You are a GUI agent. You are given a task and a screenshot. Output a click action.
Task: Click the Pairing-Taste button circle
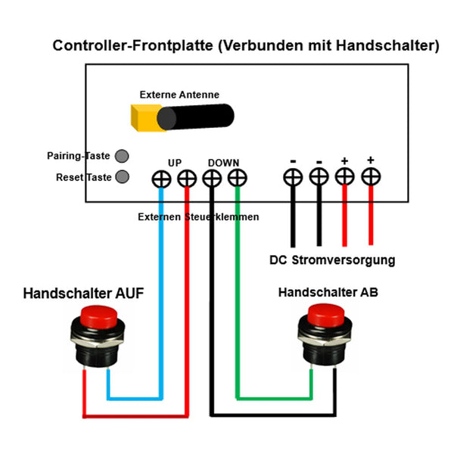121,157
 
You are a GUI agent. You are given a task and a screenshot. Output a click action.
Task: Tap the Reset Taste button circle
121,178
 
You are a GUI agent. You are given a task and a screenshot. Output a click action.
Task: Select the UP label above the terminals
175,163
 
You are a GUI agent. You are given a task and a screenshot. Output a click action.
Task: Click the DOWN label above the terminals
223,163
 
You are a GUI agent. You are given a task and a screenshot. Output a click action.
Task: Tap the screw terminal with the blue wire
161,179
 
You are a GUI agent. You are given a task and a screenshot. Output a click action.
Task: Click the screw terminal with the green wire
238,179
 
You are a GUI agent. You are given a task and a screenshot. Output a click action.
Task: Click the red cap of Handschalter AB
325,312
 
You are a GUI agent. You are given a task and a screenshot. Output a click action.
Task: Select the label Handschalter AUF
83,293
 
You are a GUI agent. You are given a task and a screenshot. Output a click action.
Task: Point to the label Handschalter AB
328,292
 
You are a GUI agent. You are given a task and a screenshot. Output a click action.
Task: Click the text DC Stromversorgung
332,260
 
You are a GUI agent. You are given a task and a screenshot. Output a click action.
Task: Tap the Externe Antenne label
179,95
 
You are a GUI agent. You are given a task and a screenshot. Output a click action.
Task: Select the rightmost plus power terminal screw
370,177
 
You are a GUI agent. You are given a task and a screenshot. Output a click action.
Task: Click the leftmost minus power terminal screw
293,177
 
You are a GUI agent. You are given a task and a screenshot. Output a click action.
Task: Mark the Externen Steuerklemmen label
198,217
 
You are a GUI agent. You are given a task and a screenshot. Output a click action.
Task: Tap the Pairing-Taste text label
79,156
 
